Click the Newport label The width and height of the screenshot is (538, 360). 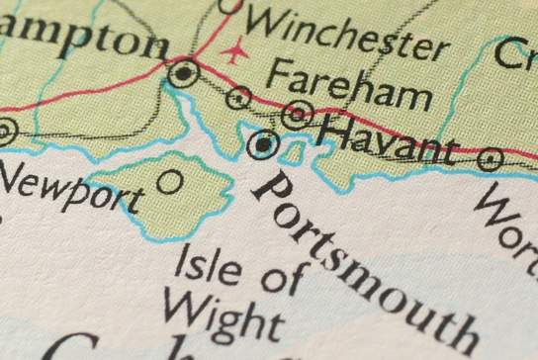[x=70, y=187]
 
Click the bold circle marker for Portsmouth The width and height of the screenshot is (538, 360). [x=262, y=145]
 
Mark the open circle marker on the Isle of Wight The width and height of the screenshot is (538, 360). [x=170, y=181]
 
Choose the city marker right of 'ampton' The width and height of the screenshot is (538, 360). [x=183, y=72]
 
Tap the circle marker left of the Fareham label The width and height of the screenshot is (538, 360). [x=238, y=97]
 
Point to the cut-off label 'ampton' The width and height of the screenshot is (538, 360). [x=83, y=41]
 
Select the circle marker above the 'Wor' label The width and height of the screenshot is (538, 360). [x=491, y=158]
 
